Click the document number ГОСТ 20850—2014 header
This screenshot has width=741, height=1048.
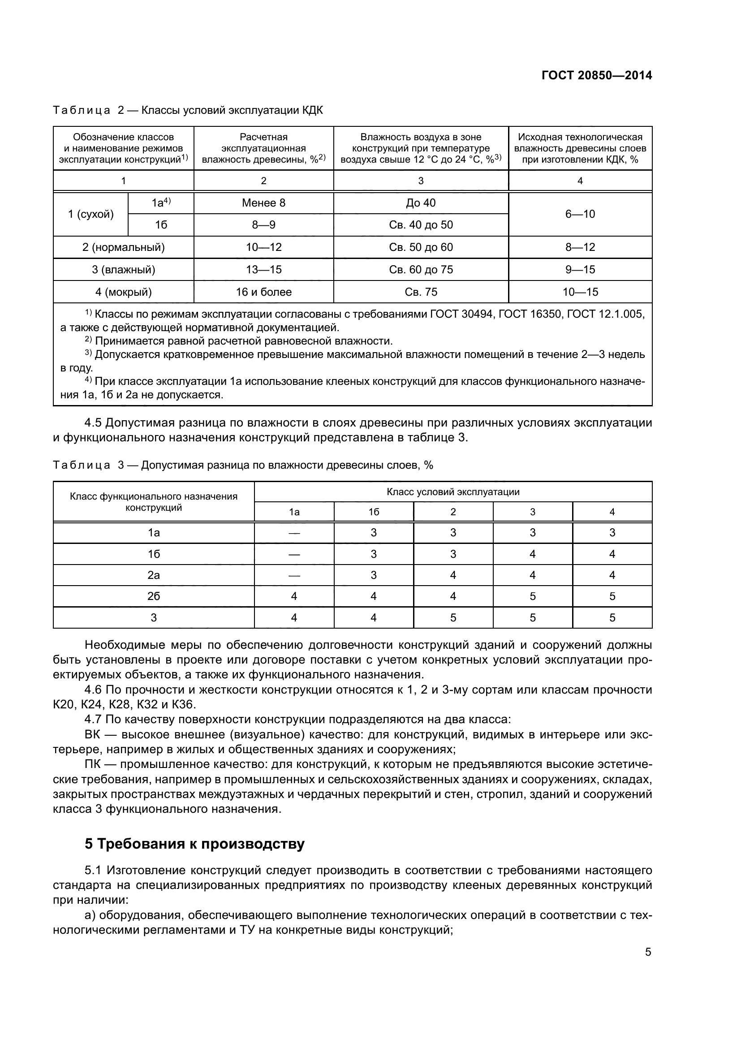click(597, 76)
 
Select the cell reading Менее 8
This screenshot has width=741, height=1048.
click(263, 203)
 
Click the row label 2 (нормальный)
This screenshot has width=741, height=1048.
click(123, 247)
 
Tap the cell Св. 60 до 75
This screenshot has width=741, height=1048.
click(421, 270)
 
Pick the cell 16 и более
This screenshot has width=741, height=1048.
click(263, 292)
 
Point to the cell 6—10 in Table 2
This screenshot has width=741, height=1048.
click(580, 214)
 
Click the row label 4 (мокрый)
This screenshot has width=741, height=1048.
click(123, 292)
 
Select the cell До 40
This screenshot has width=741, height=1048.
click(421, 203)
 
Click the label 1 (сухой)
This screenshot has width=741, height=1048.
click(91, 214)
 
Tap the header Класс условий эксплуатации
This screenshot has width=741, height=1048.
click(452, 492)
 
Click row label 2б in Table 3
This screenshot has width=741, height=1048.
click(154, 596)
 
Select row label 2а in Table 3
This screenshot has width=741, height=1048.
click(154, 575)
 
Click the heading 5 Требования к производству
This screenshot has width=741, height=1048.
click(194, 844)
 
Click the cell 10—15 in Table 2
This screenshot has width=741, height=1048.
click(580, 292)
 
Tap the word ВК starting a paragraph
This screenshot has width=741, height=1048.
click(93, 735)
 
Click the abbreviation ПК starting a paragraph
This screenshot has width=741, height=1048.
click(93, 764)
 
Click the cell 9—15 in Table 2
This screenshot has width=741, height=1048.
click(580, 270)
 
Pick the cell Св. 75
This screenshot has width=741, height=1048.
click(421, 292)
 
